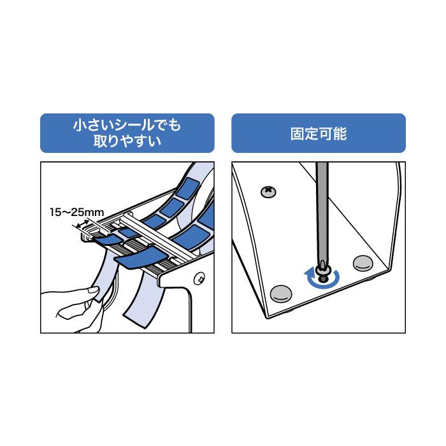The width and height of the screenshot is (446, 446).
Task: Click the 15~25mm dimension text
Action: click(x=77, y=212)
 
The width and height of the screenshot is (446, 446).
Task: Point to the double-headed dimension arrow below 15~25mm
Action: click(x=83, y=223)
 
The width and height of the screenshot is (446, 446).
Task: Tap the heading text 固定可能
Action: click(x=319, y=134)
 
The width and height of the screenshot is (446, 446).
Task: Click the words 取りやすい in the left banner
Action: click(x=127, y=141)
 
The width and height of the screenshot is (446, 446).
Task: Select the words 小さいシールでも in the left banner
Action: click(x=127, y=125)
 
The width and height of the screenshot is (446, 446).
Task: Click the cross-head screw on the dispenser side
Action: click(x=199, y=279)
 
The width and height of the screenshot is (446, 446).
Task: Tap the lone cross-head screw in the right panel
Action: click(x=268, y=192)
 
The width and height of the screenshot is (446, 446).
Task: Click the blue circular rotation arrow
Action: click(x=322, y=278)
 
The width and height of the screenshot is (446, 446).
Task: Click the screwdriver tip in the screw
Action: click(x=322, y=266)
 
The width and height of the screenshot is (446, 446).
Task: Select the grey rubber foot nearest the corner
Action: click(x=281, y=294)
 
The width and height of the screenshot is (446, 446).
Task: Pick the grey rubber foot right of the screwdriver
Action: click(x=363, y=263)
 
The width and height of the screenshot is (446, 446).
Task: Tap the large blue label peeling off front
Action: click(x=141, y=257)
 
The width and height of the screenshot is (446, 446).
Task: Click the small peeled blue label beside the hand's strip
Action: click(x=108, y=240)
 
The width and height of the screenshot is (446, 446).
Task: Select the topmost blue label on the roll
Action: click(x=189, y=189)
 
